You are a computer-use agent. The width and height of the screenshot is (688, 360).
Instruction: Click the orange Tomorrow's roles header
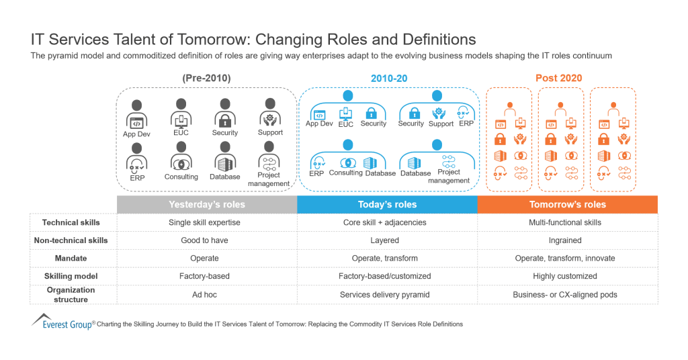coord(567,204)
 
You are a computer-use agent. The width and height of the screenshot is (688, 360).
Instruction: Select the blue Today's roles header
coord(387,204)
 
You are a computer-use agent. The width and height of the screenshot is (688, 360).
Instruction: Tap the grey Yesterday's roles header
coord(206,204)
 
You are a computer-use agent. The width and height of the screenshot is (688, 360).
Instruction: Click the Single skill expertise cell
coord(204,222)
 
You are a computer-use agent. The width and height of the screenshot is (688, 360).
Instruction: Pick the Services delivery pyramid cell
coord(384,294)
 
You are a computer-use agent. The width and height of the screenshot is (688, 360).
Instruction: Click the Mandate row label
coord(71,258)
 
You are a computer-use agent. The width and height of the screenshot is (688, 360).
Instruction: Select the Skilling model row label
coord(71,276)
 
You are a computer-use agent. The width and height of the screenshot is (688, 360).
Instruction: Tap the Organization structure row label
coord(71,294)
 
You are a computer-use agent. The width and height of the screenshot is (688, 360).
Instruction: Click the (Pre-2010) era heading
coord(206,78)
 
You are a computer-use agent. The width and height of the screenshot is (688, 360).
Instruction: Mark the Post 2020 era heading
coord(558,78)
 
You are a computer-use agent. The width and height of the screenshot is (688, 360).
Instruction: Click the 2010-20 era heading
coord(389,78)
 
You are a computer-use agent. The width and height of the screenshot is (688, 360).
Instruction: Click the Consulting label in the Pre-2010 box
coord(181,177)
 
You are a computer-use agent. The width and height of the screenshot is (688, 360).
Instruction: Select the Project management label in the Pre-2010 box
coord(269,179)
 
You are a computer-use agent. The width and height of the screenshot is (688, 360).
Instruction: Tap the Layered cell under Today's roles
coord(384,240)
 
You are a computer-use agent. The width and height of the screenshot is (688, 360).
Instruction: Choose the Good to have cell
coord(204,240)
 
